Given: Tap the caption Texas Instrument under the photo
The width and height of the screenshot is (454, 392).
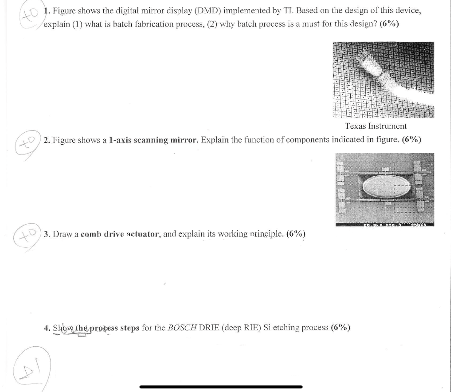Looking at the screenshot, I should click(x=376, y=126).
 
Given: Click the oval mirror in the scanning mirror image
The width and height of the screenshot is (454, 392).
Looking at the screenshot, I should click(x=384, y=188).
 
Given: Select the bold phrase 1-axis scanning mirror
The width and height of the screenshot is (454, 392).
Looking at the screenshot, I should click(x=138, y=140).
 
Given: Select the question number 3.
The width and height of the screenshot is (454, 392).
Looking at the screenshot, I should click(x=47, y=234).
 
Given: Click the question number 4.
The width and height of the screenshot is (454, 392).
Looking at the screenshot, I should click(x=47, y=328).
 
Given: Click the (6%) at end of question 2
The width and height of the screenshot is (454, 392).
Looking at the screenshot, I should click(x=411, y=140).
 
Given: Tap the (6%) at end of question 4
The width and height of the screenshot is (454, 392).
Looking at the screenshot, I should click(x=340, y=328).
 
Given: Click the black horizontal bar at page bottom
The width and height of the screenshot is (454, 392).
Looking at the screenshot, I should click(x=221, y=387).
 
